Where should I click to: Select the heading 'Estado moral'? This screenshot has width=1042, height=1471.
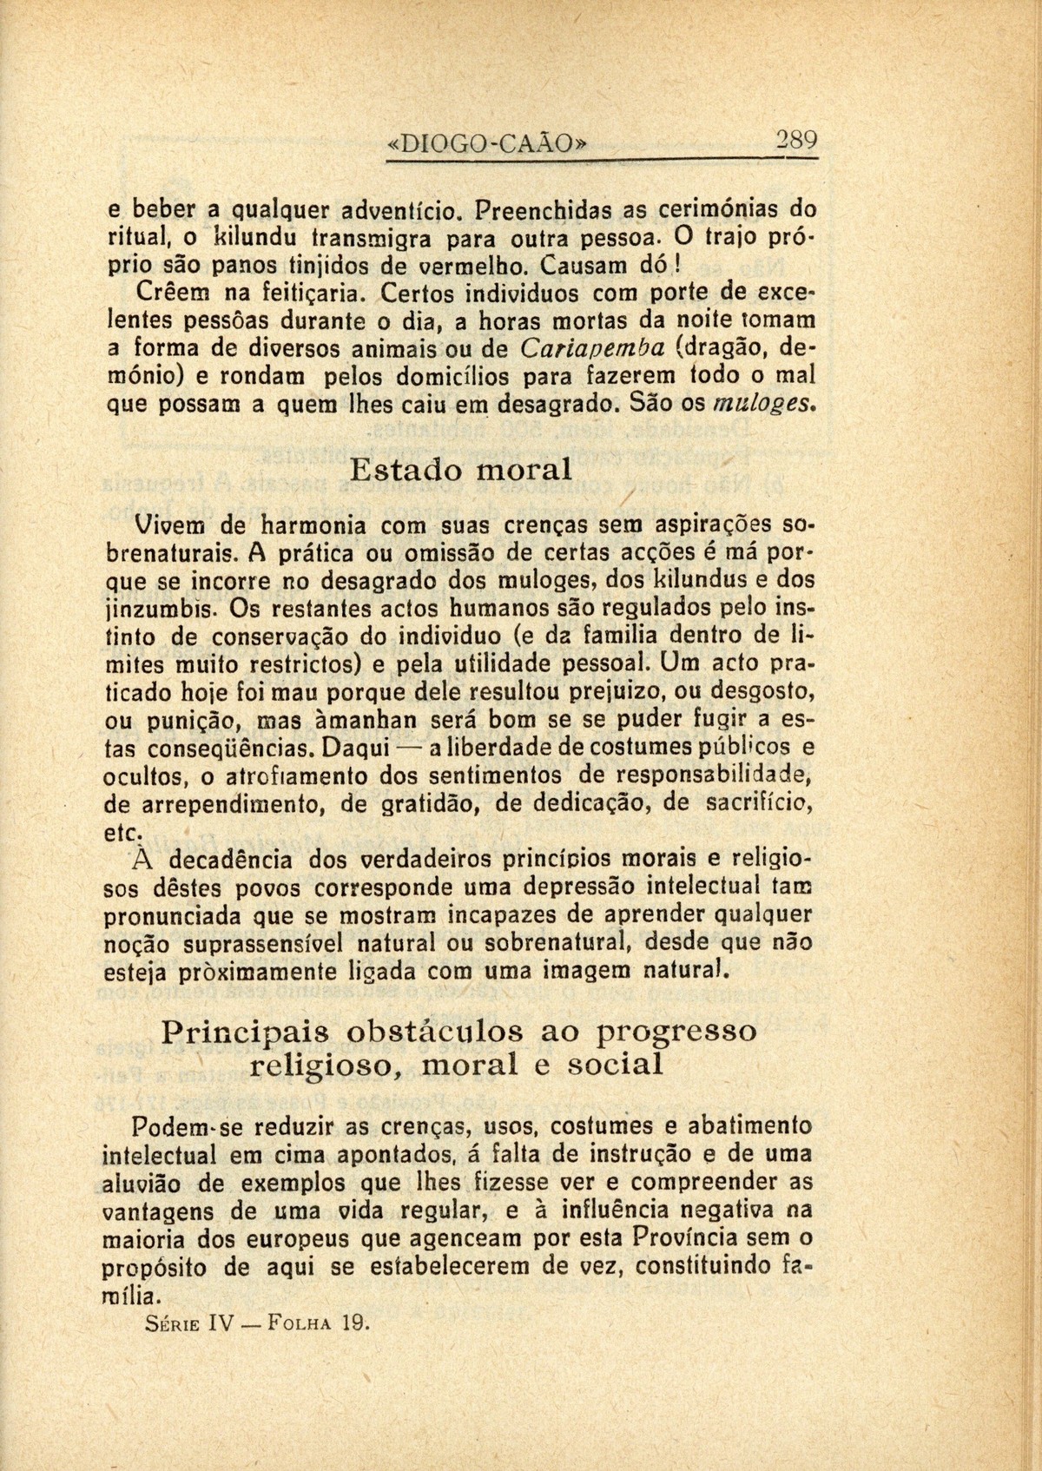pyautogui.click(x=461, y=471)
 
